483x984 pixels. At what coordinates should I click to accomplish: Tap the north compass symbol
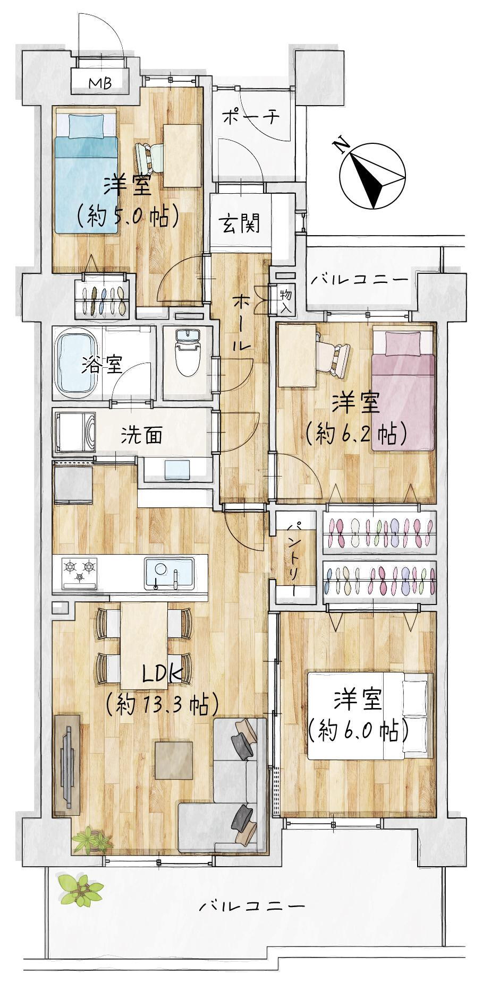coord(372,174)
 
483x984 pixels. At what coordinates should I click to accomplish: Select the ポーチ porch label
coord(250,117)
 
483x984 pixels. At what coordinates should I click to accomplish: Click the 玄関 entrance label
coord(240,223)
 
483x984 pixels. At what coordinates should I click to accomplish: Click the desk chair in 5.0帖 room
coord(149,158)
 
